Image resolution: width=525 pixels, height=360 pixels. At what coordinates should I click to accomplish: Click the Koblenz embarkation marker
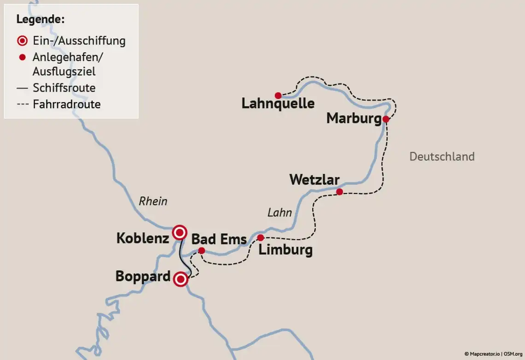click(180, 232)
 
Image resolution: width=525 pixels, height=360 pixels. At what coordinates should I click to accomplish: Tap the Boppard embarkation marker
click(181, 279)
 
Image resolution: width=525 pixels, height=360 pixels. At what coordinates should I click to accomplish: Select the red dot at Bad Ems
click(201, 250)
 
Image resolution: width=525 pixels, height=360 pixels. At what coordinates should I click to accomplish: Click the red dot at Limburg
click(260, 238)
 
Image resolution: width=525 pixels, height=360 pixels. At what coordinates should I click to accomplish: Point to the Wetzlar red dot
click(339, 192)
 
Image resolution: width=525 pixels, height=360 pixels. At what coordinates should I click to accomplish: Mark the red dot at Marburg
click(385, 119)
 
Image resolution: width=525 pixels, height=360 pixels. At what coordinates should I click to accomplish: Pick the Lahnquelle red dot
click(278, 95)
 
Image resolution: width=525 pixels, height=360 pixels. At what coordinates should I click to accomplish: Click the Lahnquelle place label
click(278, 104)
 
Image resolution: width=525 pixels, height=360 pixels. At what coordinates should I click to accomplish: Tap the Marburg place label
click(354, 118)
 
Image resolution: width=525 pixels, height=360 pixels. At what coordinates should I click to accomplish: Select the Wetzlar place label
click(314, 179)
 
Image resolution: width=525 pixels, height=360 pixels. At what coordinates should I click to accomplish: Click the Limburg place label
click(286, 250)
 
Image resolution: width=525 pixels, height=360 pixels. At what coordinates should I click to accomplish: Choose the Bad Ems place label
click(219, 239)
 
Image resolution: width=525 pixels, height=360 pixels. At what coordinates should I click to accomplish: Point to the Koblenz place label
click(142, 238)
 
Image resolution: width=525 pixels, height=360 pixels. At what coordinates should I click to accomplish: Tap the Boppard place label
click(143, 277)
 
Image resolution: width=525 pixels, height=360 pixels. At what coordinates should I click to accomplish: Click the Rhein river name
click(153, 201)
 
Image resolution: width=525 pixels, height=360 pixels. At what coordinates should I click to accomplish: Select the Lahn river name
click(280, 212)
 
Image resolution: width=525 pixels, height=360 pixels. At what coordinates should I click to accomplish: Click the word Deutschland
click(442, 157)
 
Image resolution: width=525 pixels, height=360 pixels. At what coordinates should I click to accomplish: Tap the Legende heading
click(40, 19)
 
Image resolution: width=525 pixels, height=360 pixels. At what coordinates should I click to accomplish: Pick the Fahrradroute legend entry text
click(66, 104)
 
